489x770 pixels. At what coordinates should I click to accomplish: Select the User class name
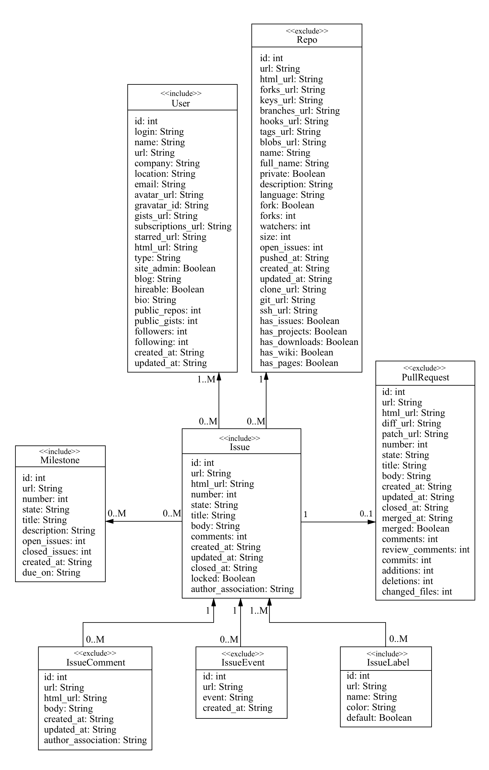tap(181, 103)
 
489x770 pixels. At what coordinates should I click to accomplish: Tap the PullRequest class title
tap(425, 377)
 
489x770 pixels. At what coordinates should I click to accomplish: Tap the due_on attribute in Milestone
tap(51, 572)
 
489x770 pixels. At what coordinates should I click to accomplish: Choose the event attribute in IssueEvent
tap(228, 698)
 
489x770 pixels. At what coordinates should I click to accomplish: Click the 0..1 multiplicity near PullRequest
tap(366, 514)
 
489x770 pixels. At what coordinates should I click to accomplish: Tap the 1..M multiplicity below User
tap(206, 380)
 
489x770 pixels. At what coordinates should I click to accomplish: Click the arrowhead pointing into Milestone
tap(110, 521)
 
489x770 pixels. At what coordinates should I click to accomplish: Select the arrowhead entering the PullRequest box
tap(372, 522)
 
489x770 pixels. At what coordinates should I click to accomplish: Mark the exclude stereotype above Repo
tap(307, 31)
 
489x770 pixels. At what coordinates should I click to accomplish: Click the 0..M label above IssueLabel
tap(398, 639)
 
